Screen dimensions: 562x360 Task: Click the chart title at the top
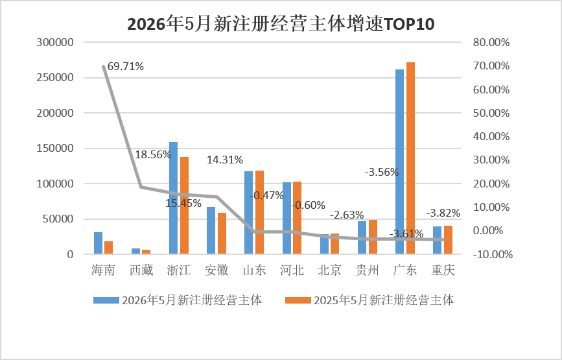coord(281,24)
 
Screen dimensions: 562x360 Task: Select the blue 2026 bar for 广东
coord(400,162)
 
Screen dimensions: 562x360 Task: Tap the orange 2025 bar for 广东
coord(410,158)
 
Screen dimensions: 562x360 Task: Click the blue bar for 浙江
coord(173,198)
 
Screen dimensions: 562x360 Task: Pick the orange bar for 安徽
coord(222,234)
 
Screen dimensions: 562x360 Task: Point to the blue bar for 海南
coord(99,243)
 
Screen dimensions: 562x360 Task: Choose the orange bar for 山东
coord(259,212)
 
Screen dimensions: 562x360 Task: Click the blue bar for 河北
coord(287,218)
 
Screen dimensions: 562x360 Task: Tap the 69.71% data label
coord(126,66)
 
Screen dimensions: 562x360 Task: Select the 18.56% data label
coord(153,154)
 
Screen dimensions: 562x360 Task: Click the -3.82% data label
coord(443,213)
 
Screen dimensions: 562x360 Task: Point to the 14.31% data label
coord(225,160)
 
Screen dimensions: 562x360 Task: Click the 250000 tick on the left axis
coord(55,77)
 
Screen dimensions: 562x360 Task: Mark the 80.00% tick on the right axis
coord(491,42)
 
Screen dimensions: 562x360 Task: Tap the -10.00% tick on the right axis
coord(493,254)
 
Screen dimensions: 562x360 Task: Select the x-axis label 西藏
coord(141,270)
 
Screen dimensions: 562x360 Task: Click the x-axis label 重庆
coord(443,270)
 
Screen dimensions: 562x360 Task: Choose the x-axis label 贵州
coord(368,270)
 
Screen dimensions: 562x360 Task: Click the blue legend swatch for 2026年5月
coord(106,300)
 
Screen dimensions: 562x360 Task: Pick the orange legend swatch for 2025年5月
coord(298,300)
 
